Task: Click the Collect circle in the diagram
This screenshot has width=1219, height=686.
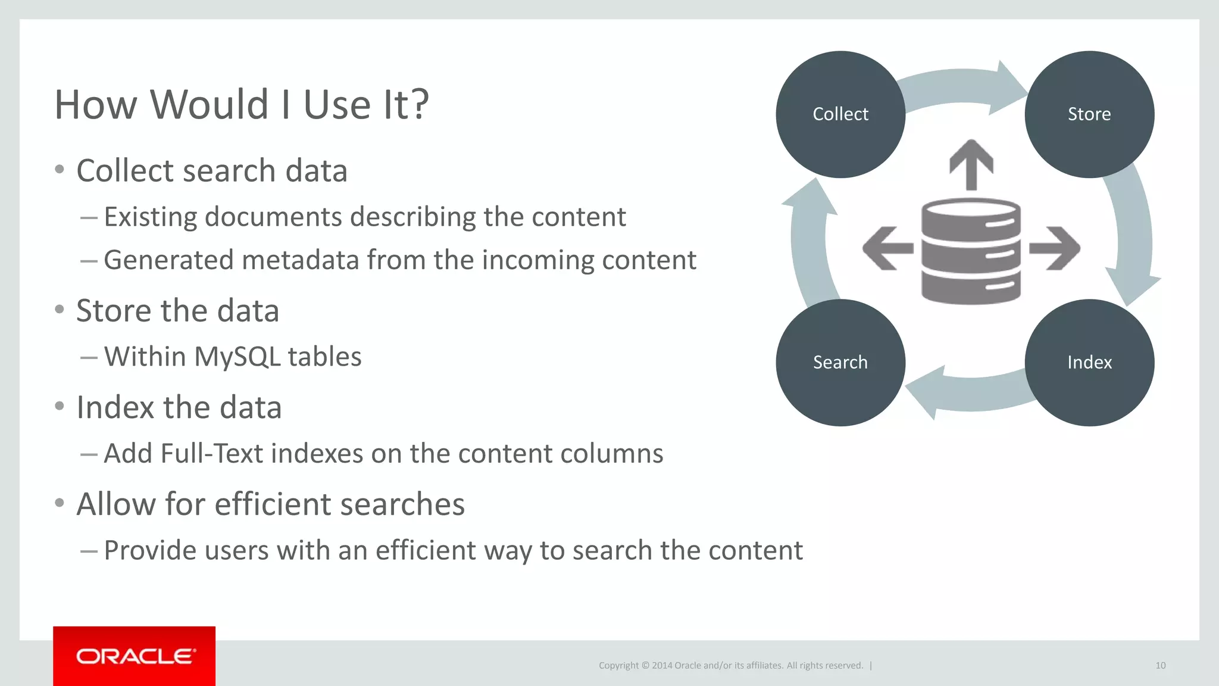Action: coord(840,114)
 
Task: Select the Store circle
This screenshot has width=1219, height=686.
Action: coord(1089,114)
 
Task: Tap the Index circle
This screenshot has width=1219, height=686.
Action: coord(1089,363)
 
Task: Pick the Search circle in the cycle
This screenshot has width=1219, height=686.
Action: coord(840,363)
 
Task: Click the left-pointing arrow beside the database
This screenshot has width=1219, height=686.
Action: coord(887,248)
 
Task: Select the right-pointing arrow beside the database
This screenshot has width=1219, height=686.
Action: coord(1055,248)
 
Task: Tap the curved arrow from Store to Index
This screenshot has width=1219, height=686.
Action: coord(1133,238)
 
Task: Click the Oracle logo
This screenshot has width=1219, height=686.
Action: coord(135,656)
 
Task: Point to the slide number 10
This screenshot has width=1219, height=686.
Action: coord(1160,666)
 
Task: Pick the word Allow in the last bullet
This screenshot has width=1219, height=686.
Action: coord(117,504)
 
